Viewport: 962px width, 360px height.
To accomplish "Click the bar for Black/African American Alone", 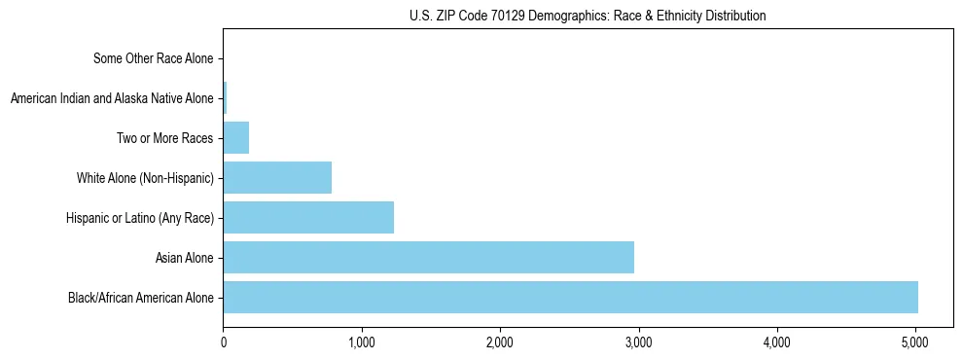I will [570, 297].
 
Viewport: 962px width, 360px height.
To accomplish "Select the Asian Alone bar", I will [428, 257].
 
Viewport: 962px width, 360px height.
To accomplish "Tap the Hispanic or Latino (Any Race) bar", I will [308, 217].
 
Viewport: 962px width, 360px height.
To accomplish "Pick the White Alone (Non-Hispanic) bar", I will [277, 178].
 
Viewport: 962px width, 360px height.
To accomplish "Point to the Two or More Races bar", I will [236, 138].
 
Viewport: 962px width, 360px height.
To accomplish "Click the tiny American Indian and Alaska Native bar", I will [225, 98].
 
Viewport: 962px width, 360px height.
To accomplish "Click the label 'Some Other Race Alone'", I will [153, 58].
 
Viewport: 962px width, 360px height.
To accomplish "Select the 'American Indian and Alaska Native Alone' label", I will [112, 98].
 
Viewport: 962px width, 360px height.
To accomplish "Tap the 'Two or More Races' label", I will [164, 138].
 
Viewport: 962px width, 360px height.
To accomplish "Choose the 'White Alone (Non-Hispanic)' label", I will [145, 178].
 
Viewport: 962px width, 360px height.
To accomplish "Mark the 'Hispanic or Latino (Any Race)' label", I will [137, 218].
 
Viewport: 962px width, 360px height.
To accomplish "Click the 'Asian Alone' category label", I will [184, 258].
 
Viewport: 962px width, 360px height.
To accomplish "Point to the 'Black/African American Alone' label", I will [140, 298].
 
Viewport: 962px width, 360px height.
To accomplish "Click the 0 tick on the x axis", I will [224, 342].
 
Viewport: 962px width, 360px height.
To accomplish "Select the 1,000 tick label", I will [362, 342].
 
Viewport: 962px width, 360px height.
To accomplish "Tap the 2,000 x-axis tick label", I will [500, 342].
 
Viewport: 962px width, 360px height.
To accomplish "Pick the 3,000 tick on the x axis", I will [638, 342].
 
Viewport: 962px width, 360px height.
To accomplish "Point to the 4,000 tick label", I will [776, 342].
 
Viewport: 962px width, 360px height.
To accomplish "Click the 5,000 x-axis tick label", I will [915, 342].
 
